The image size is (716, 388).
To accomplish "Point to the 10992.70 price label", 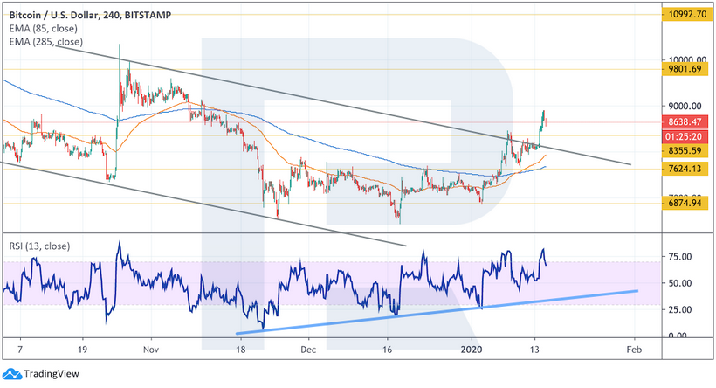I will point(685,15).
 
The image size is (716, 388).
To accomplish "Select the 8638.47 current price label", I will point(685,122).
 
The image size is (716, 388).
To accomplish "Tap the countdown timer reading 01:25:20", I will point(685,136).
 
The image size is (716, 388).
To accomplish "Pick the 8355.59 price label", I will point(685,150).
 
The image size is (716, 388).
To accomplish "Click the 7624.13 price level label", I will point(685,170).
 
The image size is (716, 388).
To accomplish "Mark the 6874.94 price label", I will point(685,204).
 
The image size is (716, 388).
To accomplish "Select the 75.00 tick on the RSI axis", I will point(680,256).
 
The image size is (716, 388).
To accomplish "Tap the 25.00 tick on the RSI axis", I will point(680,309).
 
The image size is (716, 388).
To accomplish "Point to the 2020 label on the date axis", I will point(472,348).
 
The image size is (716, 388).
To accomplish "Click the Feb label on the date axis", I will point(633,348).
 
